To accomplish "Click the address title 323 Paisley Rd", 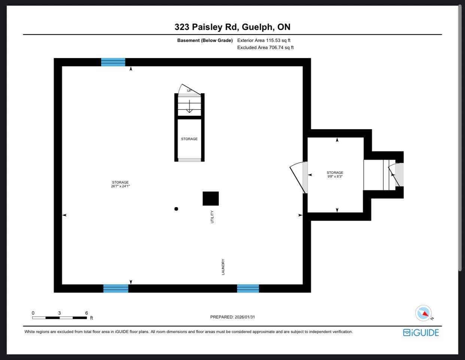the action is (206, 27).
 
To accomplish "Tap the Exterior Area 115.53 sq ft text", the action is (264, 40).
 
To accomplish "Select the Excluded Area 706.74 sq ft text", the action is (265, 48).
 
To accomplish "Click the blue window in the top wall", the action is (113, 62).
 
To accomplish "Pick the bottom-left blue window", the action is (116, 288).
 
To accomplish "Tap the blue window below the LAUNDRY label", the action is (248, 288).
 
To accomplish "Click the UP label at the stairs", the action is (189, 91).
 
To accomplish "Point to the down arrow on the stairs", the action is (189, 106).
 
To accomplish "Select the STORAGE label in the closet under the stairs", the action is (189, 139).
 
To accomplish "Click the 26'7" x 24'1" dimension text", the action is (120, 186).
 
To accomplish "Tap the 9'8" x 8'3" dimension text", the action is (335, 176).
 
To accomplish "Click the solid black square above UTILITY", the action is (210, 199).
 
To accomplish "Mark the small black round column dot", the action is (176, 209).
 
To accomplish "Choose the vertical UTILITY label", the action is (212, 217).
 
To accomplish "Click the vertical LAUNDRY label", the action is (223, 267).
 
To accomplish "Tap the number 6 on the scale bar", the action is (86, 313).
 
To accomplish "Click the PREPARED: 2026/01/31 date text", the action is (232, 317).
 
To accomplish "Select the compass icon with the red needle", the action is (423, 313).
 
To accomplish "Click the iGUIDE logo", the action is (421, 333).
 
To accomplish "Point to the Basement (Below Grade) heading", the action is (205, 40).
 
